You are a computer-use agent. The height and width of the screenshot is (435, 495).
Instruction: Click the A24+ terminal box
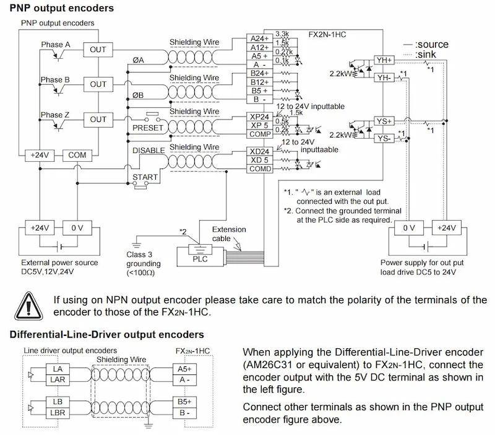point(259,38)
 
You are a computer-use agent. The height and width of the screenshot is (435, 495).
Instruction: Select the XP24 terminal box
point(259,116)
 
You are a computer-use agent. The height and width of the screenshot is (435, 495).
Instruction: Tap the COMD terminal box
point(259,169)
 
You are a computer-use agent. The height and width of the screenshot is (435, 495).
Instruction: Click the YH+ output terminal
point(384,60)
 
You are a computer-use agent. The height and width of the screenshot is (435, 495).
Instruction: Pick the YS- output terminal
point(384,138)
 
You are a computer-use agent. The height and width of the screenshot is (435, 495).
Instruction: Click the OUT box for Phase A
point(98,50)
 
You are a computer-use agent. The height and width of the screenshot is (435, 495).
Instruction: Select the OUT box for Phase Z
point(98,120)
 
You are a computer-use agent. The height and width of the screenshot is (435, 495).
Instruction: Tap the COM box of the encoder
point(77,155)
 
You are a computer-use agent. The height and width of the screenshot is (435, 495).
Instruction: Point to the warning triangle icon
point(28,306)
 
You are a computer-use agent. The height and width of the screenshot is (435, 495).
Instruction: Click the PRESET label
point(148,128)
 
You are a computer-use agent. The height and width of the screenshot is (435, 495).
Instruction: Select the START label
point(145,177)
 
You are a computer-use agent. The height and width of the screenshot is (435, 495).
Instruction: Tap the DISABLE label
point(148,151)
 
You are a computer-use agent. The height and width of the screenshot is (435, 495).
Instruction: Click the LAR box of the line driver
point(58,380)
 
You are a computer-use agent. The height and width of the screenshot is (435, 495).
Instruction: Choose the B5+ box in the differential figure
point(184,402)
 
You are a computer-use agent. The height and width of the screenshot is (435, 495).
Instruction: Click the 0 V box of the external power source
point(77,228)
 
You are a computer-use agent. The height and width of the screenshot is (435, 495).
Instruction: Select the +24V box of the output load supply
point(446,228)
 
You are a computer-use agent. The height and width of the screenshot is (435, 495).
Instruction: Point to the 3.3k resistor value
point(282,34)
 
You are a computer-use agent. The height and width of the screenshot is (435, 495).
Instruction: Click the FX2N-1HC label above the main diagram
point(327,35)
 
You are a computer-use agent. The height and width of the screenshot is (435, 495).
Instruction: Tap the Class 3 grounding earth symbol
point(136,245)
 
